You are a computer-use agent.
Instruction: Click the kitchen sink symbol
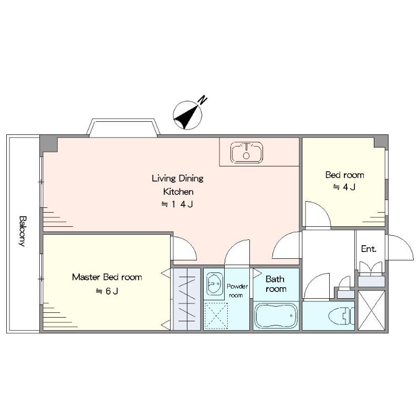click(x=247, y=152)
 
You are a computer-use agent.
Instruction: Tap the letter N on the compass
click(x=203, y=100)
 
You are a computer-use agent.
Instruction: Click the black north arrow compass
click(x=187, y=115)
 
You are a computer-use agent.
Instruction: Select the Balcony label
click(x=23, y=231)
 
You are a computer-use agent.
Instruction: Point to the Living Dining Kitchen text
click(x=177, y=185)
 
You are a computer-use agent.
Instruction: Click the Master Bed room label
click(x=107, y=277)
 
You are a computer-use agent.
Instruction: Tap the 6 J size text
click(x=107, y=291)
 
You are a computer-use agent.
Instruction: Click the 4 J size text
click(x=344, y=187)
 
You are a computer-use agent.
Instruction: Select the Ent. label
click(x=369, y=249)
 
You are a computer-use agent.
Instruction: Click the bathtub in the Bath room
click(x=276, y=316)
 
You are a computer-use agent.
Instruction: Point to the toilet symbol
click(x=342, y=316)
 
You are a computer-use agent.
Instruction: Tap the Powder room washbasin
click(x=214, y=283)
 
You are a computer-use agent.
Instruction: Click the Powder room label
click(x=237, y=291)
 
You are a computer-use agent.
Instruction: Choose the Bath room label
click(x=276, y=284)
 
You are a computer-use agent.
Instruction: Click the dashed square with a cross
click(x=216, y=316)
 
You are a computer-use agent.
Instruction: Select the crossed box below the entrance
click(x=372, y=310)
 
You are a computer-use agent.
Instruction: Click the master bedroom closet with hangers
click(x=187, y=299)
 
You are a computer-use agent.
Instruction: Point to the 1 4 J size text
click(x=177, y=204)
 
